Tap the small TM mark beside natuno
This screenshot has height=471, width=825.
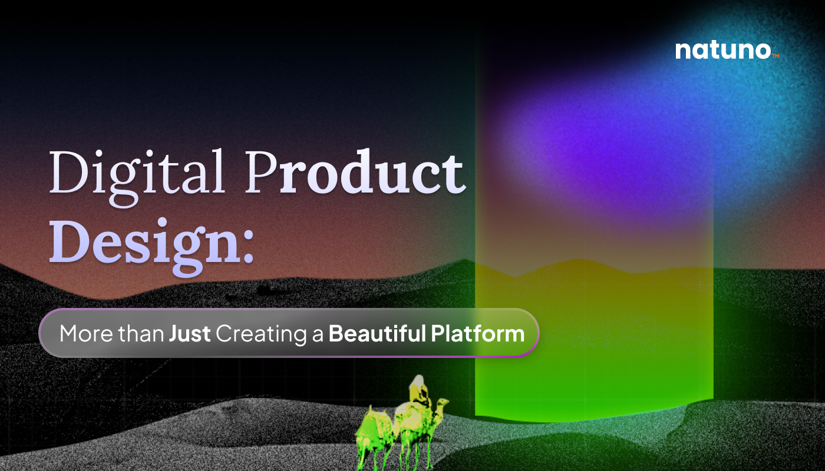point(775,56)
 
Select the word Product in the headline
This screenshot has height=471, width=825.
point(355,171)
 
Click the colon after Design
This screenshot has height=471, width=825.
point(249,247)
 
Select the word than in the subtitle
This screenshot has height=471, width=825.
point(141,333)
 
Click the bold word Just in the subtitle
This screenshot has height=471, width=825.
point(190,334)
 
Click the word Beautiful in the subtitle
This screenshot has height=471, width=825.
point(378,333)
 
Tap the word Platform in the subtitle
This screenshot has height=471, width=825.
point(478,333)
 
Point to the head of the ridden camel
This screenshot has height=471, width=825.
point(441,403)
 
